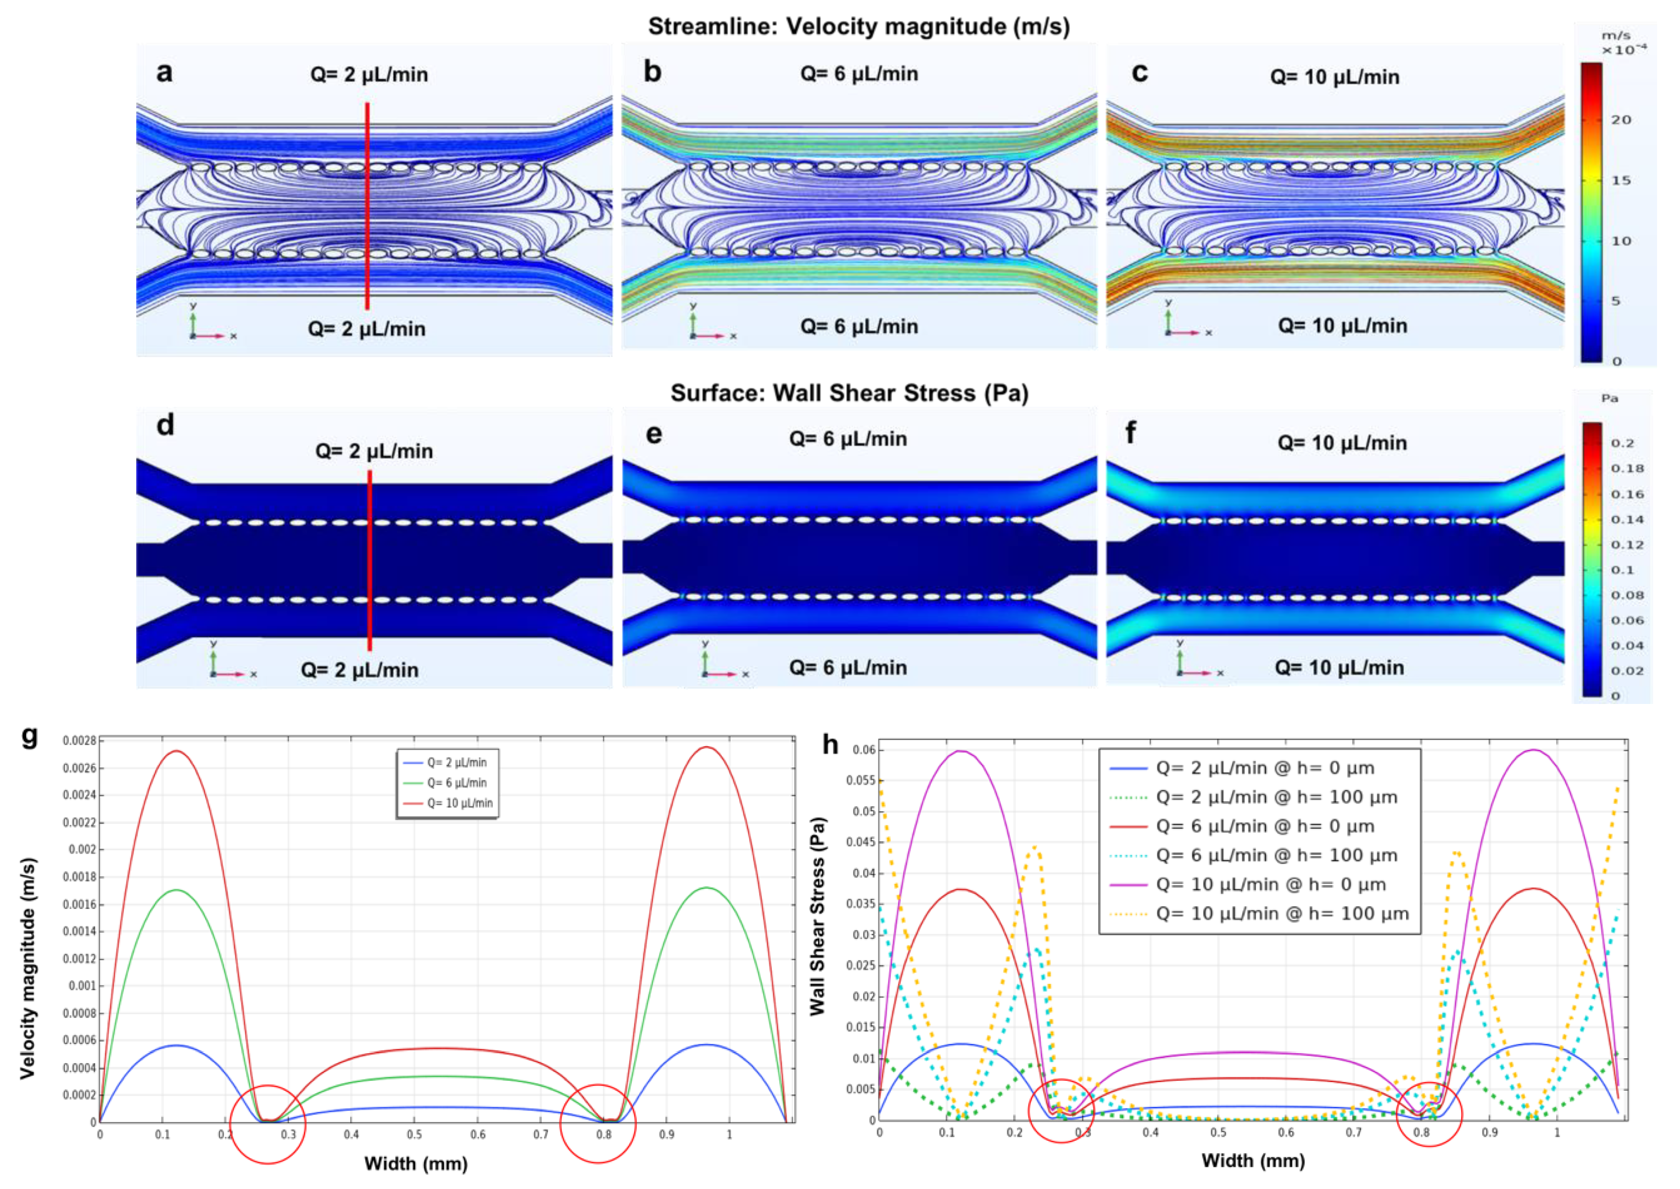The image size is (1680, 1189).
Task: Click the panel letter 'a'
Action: tap(165, 73)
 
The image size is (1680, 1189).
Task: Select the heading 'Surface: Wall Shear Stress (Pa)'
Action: tap(849, 393)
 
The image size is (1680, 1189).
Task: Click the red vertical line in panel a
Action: tap(368, 206)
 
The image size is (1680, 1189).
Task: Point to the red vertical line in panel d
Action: tap(370, 560)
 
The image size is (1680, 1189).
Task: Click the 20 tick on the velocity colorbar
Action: tap(1621, 120)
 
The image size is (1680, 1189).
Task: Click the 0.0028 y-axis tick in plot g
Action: tap(79, 741)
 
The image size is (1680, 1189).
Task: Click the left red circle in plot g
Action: tap(268, 1123)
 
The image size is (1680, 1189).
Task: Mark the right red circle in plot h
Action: tap(1429, 1114)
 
